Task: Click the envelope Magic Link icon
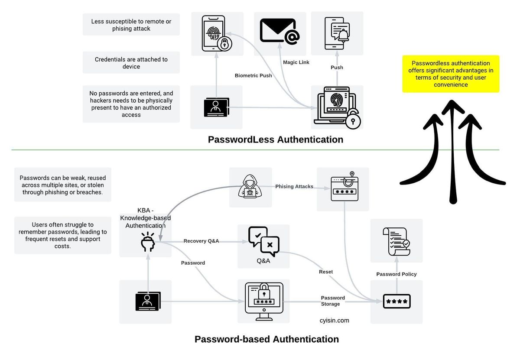pos(279,33)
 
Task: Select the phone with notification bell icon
pos(337,32)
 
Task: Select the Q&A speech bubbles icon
pos(263,242)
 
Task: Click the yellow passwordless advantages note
pos(451,74)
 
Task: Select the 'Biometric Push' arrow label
pos(253,76)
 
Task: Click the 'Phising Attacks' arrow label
pos(294,187)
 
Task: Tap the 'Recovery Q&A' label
pos(201,241)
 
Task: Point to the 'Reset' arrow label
pos(326,272)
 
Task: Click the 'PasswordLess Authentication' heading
pos(275,139)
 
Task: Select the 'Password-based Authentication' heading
pos(266,339)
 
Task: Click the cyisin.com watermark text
pos(334,321)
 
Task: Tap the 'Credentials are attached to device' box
pos(131,63)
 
